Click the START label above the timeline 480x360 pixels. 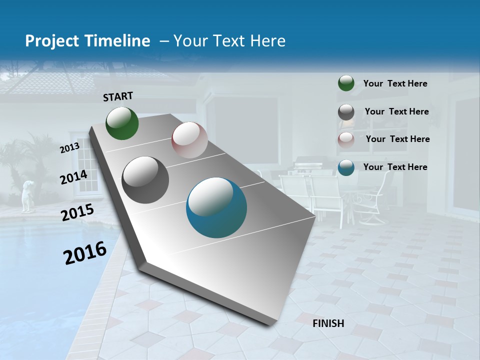tap(118, 96)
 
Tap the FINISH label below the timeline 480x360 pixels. tap(328, 323)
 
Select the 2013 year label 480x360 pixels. tap(69, 148)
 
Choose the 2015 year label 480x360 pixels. tap(77, 212)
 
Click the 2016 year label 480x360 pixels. tap(85, 253)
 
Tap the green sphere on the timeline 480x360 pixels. tap(122, 123)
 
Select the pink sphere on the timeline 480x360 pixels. tap(189, 140)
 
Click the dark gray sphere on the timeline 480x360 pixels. tap(145, 180)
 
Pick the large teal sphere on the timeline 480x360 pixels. tap(216, 207)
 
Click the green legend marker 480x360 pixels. tap(346, 83)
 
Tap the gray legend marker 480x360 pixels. tap(346, 112)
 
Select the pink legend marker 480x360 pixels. tap(346, 139)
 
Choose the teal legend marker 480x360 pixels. tap(346, 167)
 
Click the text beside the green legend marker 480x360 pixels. tap(395, 84)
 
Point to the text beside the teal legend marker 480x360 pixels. tap(395, 167)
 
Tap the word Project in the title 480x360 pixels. tap(49, 41)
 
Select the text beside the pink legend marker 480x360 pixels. tap(397, 139)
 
